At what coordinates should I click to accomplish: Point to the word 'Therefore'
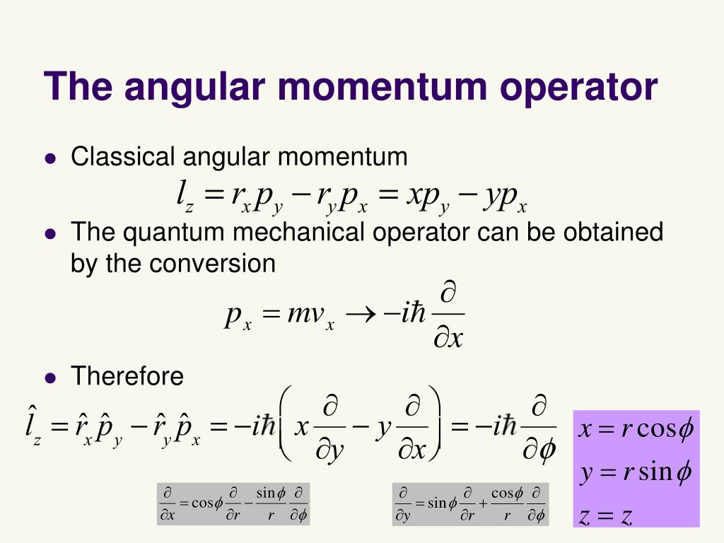[x=127, y=376]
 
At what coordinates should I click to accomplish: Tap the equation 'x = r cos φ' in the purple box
[x=636, y=429]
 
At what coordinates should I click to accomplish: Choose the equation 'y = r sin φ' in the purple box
[x=635, y=472]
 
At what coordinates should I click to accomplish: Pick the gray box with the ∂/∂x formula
[x=233, y=504]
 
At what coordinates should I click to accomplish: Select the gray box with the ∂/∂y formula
[x=470, y=504]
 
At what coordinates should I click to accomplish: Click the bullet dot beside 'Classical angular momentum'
[x=49, y=159]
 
